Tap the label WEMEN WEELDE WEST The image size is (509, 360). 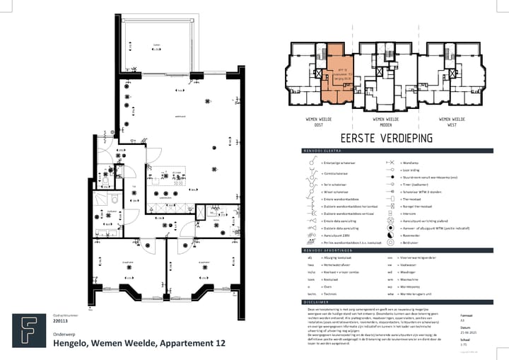click(x=450, y=122)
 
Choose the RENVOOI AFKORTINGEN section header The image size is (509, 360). click(x=327, y=250)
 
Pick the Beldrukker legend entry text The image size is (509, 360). click(x=415, y=242)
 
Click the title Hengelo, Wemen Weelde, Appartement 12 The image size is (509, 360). click(x=139, y=343)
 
